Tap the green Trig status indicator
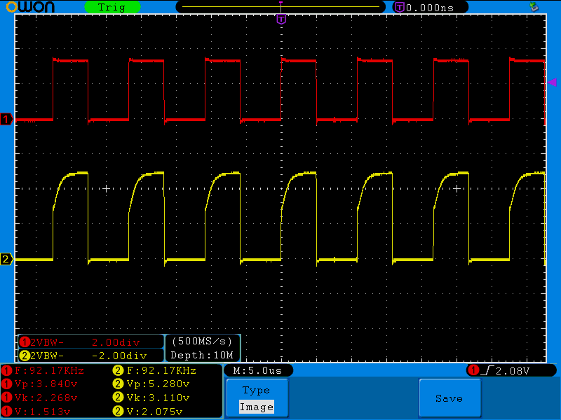point(111,7)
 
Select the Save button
point(449,398)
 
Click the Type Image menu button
point(256,398)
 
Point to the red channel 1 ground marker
point(6,120)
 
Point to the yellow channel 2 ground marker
point(6,260)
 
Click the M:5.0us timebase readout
point(258,370)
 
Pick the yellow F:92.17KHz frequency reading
point(156,370)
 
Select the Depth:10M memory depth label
point(202,355)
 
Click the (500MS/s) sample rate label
point(202,342)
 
